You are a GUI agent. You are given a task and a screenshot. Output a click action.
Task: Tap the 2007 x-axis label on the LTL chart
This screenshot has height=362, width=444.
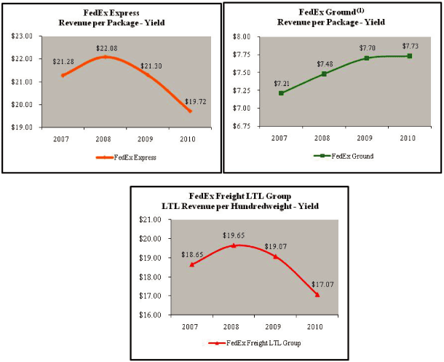click(x=191, y=326)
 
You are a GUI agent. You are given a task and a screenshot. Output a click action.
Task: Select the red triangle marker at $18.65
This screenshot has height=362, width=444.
click(x=191, y=264)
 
